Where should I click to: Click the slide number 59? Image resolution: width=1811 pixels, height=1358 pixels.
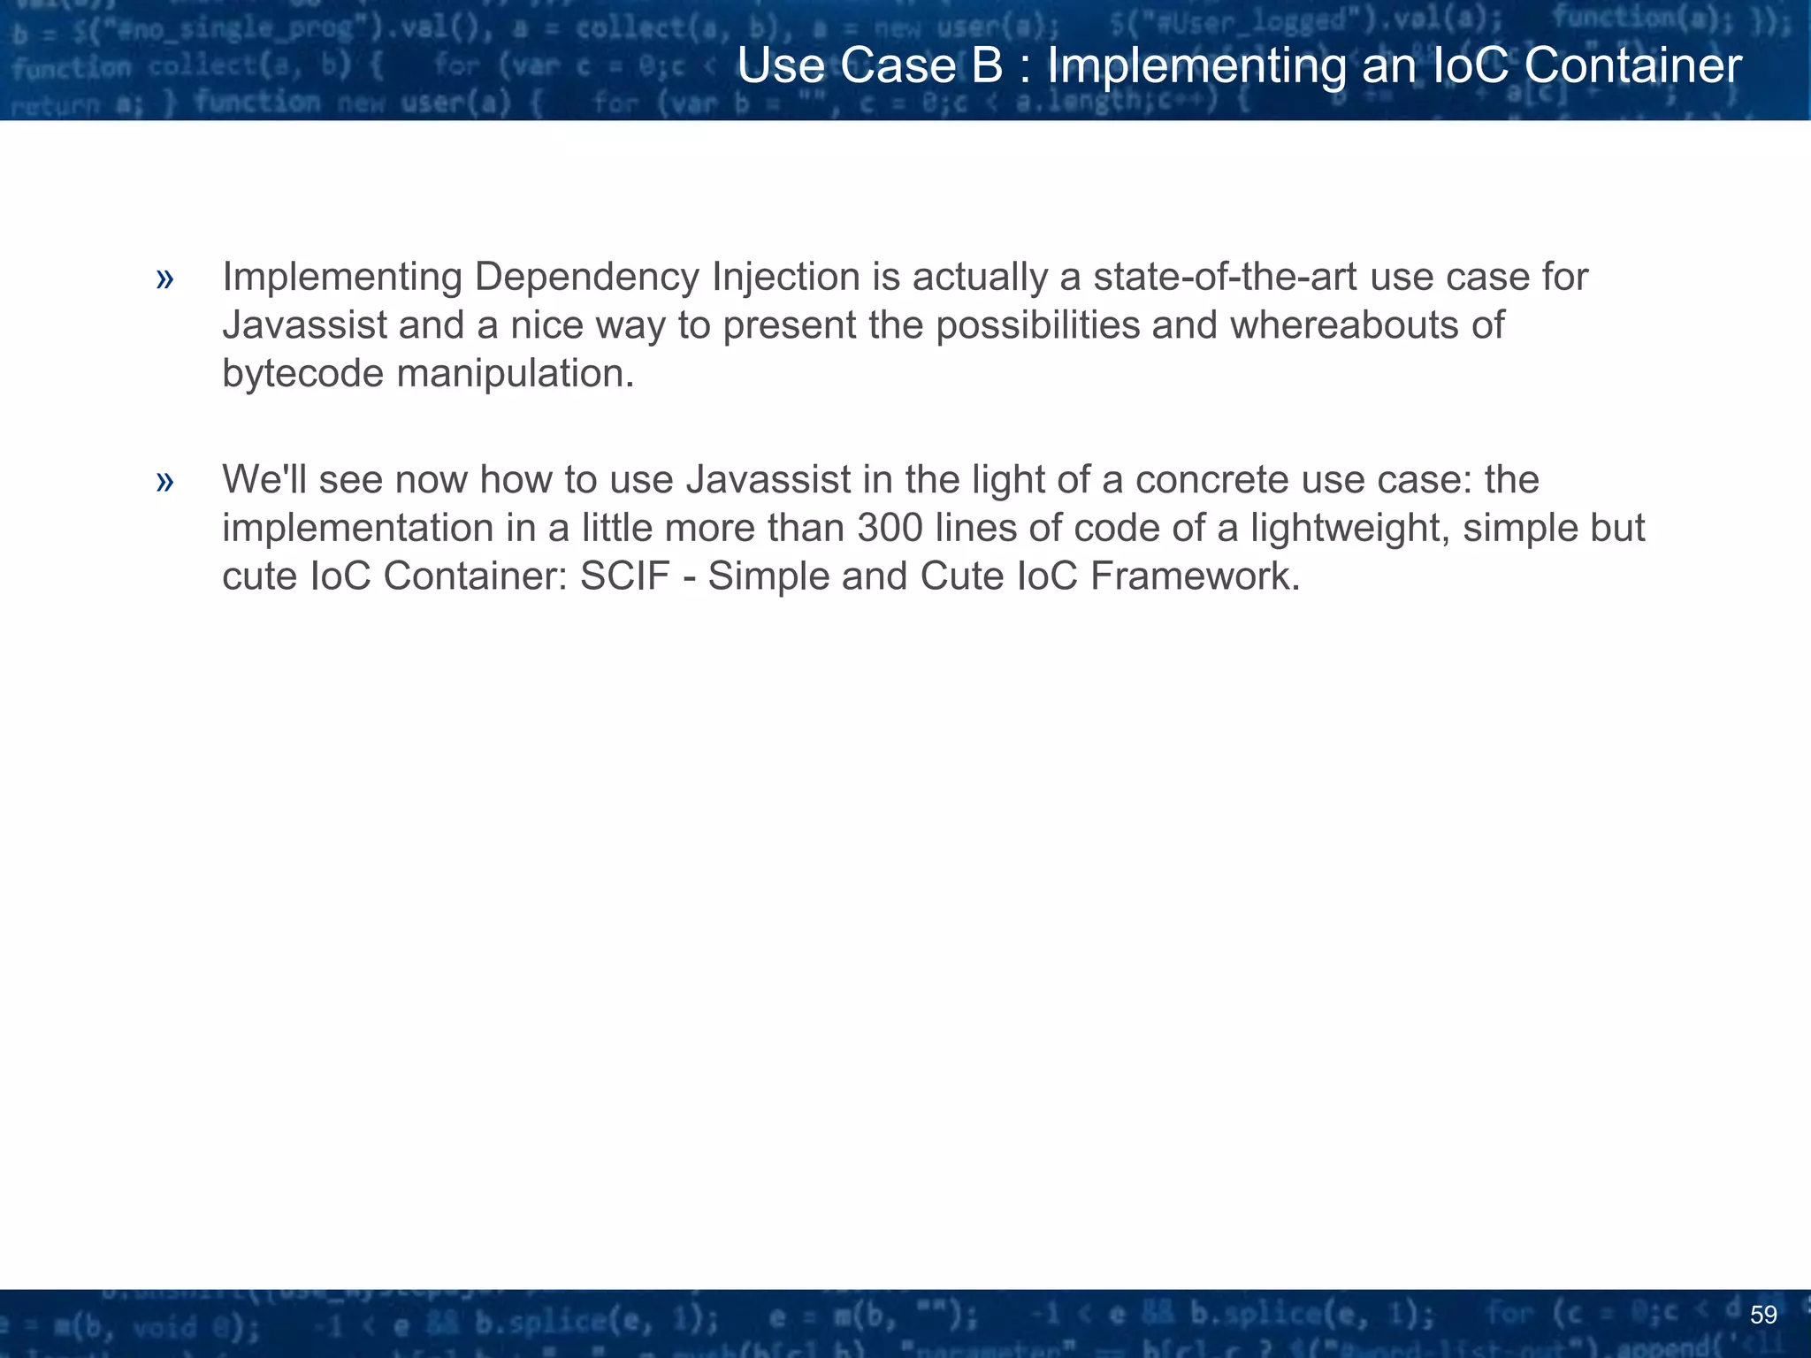[1763, 1315]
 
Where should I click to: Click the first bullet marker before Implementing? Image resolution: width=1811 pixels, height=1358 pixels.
[164, 279]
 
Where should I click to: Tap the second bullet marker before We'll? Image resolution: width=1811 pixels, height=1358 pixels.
[164, 482]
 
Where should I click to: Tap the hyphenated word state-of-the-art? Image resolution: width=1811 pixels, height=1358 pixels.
[1225, 278]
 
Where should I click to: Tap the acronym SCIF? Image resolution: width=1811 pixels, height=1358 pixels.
[624, 576]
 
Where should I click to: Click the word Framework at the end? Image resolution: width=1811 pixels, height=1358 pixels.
[1195, 576]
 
